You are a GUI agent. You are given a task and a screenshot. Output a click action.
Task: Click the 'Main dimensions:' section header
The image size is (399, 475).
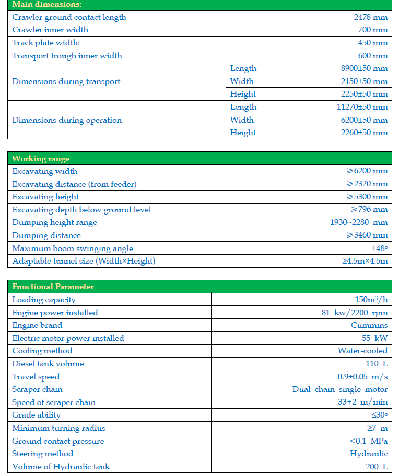click(x=47, y=4)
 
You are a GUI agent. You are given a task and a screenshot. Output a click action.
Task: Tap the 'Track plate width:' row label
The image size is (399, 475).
click(x=46, y=43)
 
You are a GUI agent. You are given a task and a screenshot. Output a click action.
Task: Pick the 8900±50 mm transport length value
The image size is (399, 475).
click(x=364, y=68)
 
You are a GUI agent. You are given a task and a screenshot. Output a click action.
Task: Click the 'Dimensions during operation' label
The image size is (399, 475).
click(x=67, y=120)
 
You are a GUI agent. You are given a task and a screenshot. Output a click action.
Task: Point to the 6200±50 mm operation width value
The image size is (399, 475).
click(x=364, y=120)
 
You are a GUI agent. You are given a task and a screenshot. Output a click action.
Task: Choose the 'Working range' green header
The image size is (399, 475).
click(x=41, y=159)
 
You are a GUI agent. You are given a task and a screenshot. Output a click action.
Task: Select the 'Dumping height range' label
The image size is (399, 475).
click(x=54, y=222)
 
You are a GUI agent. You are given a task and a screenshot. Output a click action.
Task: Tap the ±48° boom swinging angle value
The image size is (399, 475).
click(x=380, y=248)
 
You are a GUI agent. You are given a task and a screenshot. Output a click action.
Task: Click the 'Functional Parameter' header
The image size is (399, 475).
click(x=53, y=287)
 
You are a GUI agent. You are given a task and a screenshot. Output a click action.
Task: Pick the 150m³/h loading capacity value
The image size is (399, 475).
click(x=371, y=300)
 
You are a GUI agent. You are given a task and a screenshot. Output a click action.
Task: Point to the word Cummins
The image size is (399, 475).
click(x=369, y=325)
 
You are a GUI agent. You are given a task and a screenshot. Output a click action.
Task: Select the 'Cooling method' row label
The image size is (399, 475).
click(x=42, y=351)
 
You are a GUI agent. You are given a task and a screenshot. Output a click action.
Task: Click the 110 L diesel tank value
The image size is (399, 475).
click(x=377, y=364)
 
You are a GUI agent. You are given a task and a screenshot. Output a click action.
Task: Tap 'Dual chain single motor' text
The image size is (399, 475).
click(x=340, y=389)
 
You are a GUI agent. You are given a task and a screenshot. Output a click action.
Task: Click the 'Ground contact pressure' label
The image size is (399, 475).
click(x=58, y=441)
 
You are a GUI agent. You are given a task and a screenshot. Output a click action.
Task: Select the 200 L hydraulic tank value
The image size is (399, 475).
click(x=377, y=467)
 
